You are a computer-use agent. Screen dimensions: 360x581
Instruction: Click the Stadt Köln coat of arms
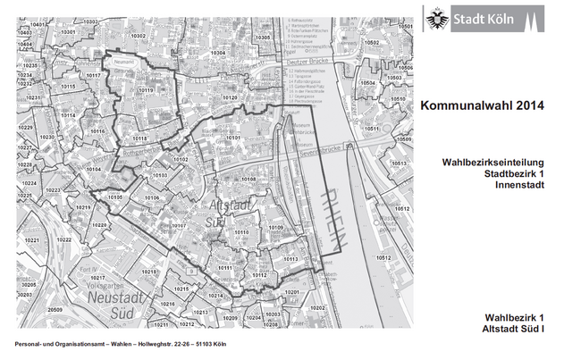click(438, 17)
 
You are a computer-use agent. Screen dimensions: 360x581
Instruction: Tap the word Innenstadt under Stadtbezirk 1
click(518, 185)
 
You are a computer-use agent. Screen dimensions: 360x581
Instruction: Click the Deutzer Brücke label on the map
click(306, 64)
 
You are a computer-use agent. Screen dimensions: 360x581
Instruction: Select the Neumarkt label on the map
click(122, 62)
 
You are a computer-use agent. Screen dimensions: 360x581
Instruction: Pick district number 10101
click(233, 138)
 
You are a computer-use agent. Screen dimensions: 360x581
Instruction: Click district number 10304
click(217, 54)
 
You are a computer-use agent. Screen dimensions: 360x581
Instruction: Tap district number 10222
click(63, 239)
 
